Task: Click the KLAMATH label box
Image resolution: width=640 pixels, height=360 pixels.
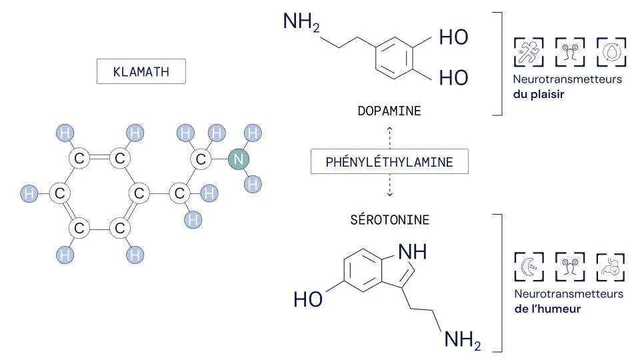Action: pyautogui.click(x=141, y=71)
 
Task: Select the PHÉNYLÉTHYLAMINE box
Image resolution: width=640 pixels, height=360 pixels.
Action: pyautogui.click(x=389, y=161)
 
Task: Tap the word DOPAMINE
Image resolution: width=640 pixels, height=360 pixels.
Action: pyautogui.click(x=389, y=111)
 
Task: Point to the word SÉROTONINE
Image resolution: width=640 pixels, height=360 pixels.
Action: pyautogui.click(x=390, y=219)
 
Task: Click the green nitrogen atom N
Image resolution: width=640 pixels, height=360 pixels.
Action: pyautogui.click(x=239, y=159)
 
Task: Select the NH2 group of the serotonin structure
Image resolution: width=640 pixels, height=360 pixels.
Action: pyautogui.click(x=463, y=340)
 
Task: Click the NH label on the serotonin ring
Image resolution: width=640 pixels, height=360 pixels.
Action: pyautogui.click(x=412, y=252)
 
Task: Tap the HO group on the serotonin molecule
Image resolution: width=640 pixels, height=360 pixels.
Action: pyautogui.click(x=308, y=299)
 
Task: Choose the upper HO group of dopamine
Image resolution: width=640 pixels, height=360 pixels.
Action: pyautogui.click(x=453, y=37)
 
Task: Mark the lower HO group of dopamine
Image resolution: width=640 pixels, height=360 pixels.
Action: pyautogui.click(x=453, y=77)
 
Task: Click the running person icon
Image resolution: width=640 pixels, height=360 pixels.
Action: pyautogui.click(x=529, y=52)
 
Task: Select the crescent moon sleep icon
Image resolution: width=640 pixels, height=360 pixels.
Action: pyautogui.click(x=529, y=267)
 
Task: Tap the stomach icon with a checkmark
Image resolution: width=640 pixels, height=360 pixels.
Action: pyautogui.click(x=611, y=267)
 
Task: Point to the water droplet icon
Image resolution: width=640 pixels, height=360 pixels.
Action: pyautogui.click(x=611, y=52)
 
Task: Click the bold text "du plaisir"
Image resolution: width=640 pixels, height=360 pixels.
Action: pyautogui.click(x=539, y=94)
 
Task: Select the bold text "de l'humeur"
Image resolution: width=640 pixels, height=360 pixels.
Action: pyautogui.click(x=547, y=309)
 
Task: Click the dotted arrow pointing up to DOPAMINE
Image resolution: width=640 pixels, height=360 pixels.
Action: pyautogui.click(x=390, y=137)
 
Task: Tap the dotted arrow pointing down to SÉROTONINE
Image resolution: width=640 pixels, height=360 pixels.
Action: pyautogui.click(x=390, y=185)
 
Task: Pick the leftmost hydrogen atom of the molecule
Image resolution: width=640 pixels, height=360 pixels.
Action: pyautogui.click(x=29, y=193)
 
